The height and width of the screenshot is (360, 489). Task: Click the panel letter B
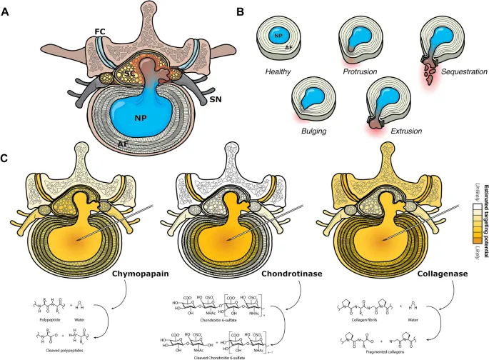point(241,12)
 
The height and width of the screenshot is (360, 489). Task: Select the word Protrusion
point(360,72)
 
